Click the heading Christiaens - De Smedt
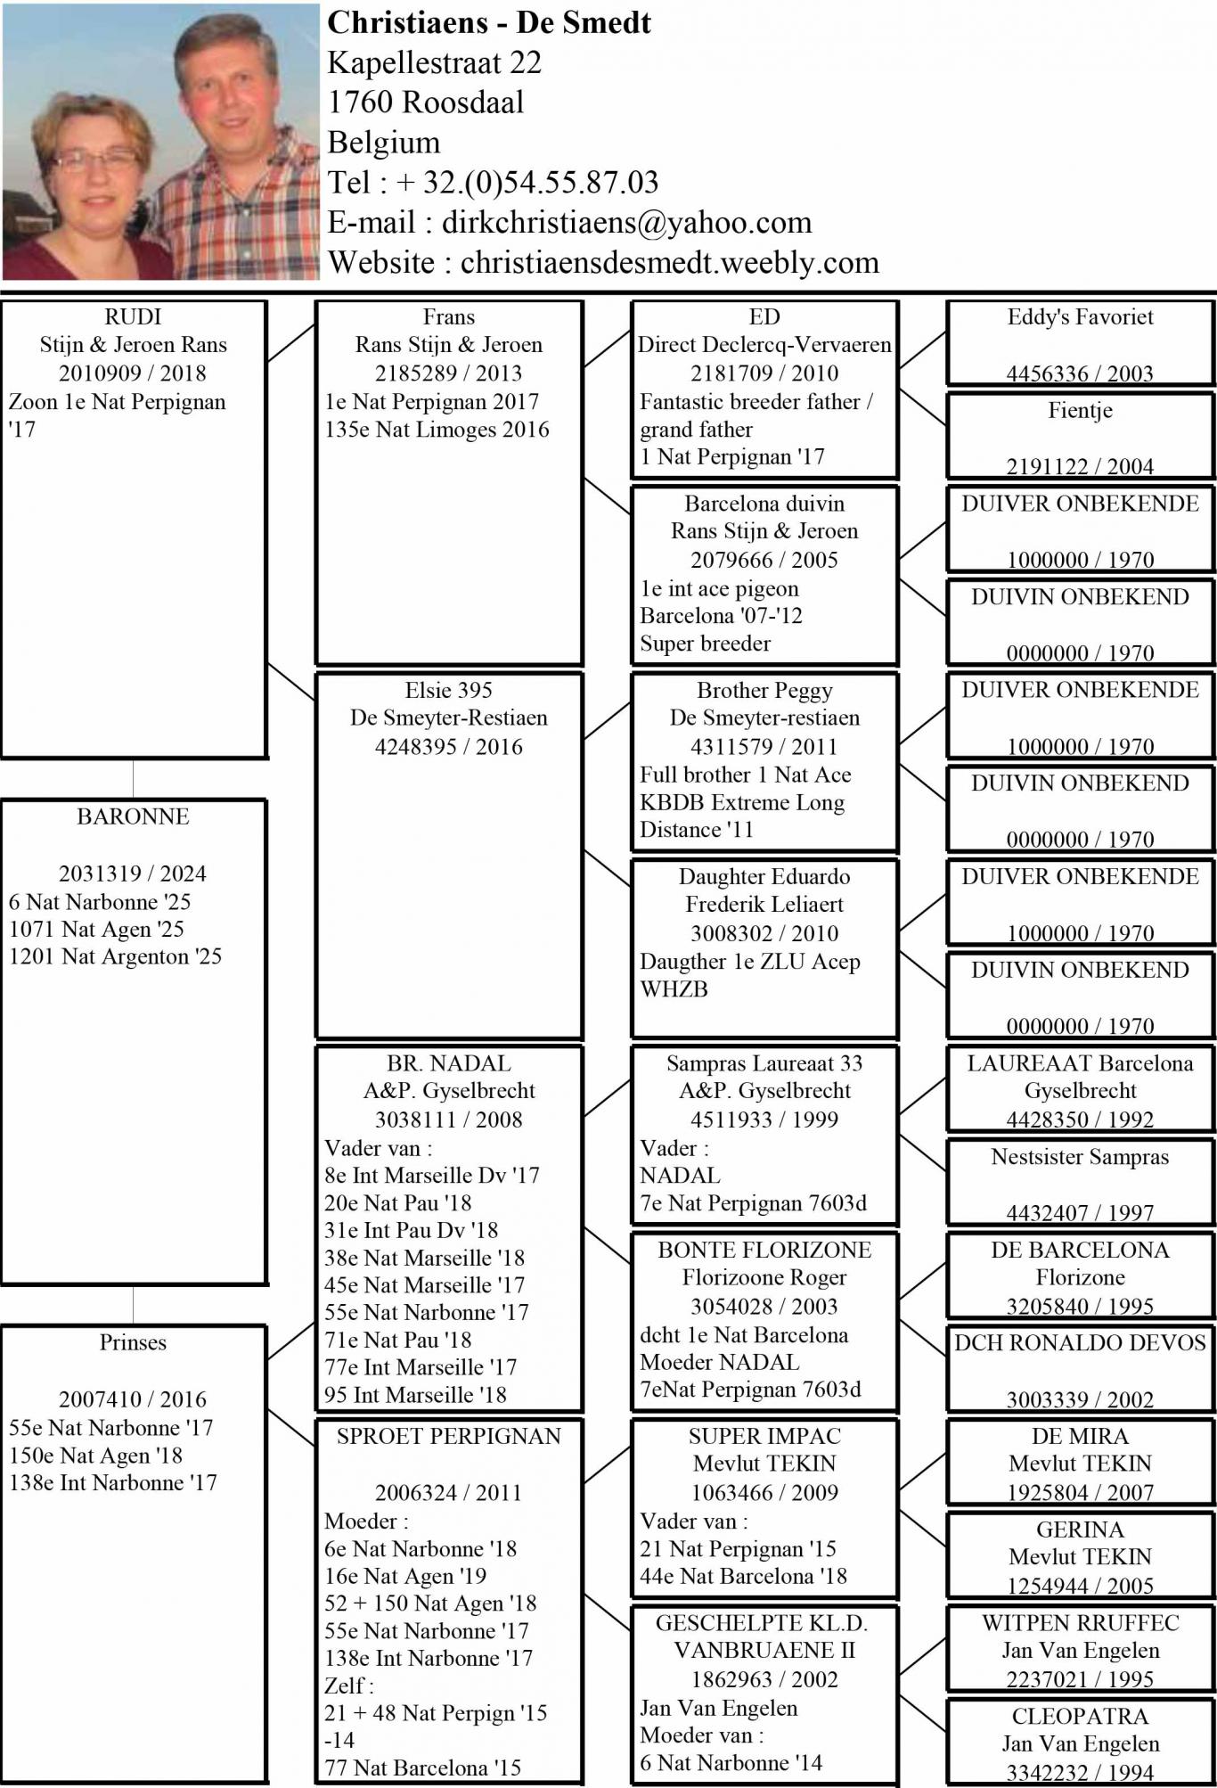[489, 22]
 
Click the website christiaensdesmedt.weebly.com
[669, 262]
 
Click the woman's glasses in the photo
[96, 161]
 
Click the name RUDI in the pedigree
[133, 317]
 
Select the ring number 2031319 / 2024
[133, 873]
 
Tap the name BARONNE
[133, 816]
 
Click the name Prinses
[133, 1342]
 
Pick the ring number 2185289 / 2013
[448, 373]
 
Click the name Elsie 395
[448, 690]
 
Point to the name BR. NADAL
[448, 1063]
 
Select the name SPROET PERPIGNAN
[448, 1436]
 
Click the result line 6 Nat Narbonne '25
[100, 901]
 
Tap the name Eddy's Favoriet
[1080, 317]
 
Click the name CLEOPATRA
[1080, 1716]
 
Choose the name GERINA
[1080, 1530]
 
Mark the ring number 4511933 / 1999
[764, 1120]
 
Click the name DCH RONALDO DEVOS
[1080, 1343]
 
